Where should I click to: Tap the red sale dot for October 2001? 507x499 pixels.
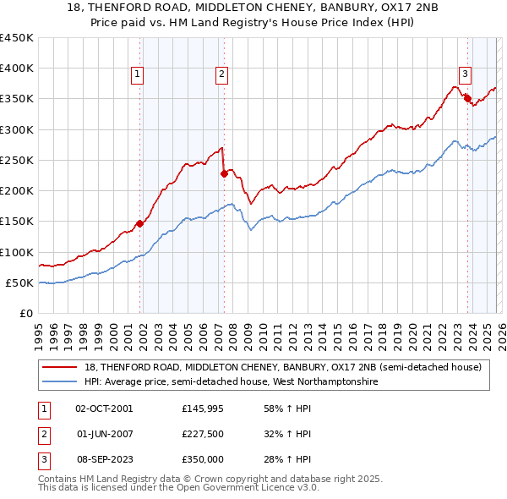140,224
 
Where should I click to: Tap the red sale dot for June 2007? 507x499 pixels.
224,174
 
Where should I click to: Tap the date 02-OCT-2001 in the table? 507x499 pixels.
105,409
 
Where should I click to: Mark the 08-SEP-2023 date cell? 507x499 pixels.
105,459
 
